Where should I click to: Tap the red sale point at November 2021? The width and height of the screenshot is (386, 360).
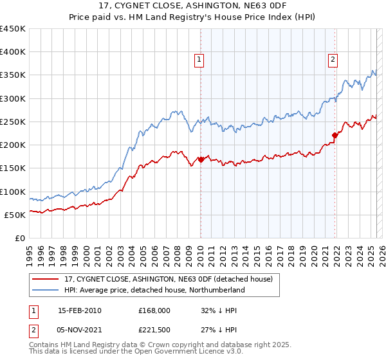click(335, 135)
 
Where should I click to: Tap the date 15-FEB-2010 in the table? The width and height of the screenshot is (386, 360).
click(80, 310)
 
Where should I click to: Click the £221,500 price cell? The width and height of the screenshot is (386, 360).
click(154, 330)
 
